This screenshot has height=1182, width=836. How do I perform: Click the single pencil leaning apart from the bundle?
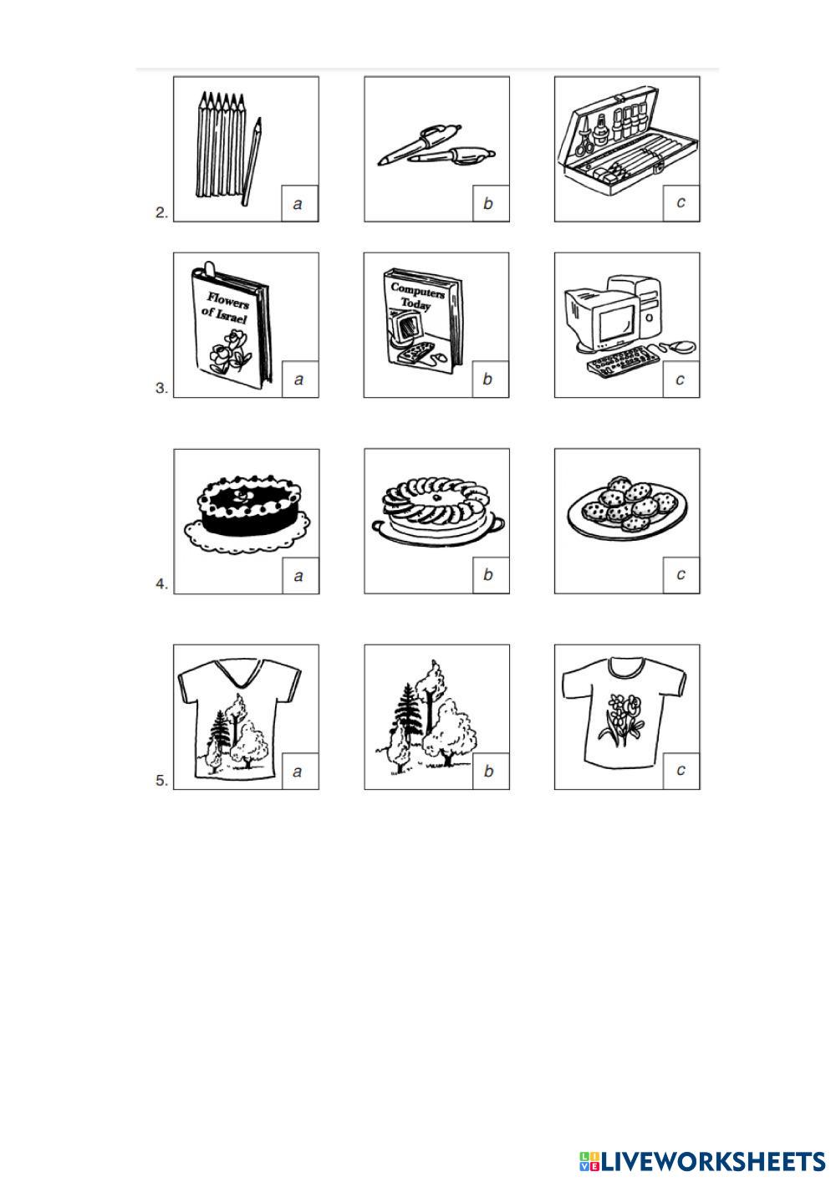point(252,161)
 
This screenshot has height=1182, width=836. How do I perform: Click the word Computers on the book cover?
point(417,291)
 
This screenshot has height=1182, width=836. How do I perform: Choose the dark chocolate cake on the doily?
point(247,512)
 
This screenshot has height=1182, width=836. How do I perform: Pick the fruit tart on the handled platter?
point(438,511)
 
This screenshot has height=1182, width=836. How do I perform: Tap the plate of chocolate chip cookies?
point(628,507)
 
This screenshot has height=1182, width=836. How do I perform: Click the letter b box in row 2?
point(491,203)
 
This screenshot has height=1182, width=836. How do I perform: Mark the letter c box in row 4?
point(681,574)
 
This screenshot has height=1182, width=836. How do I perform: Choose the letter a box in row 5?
point(300,772)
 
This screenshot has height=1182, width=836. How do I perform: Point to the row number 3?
point(161,388)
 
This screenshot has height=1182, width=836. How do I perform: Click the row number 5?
point(161,780)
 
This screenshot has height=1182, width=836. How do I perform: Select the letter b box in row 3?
point(490,379)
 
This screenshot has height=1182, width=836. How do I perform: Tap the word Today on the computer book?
point(415,303)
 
